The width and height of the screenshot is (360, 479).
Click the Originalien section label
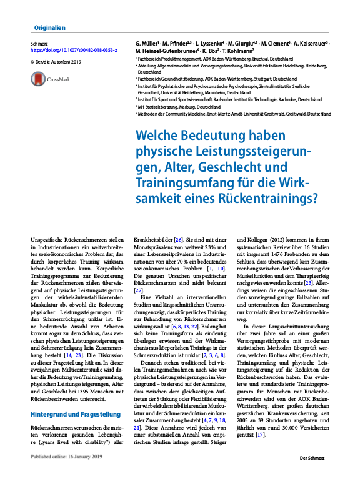tap(50, 27)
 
